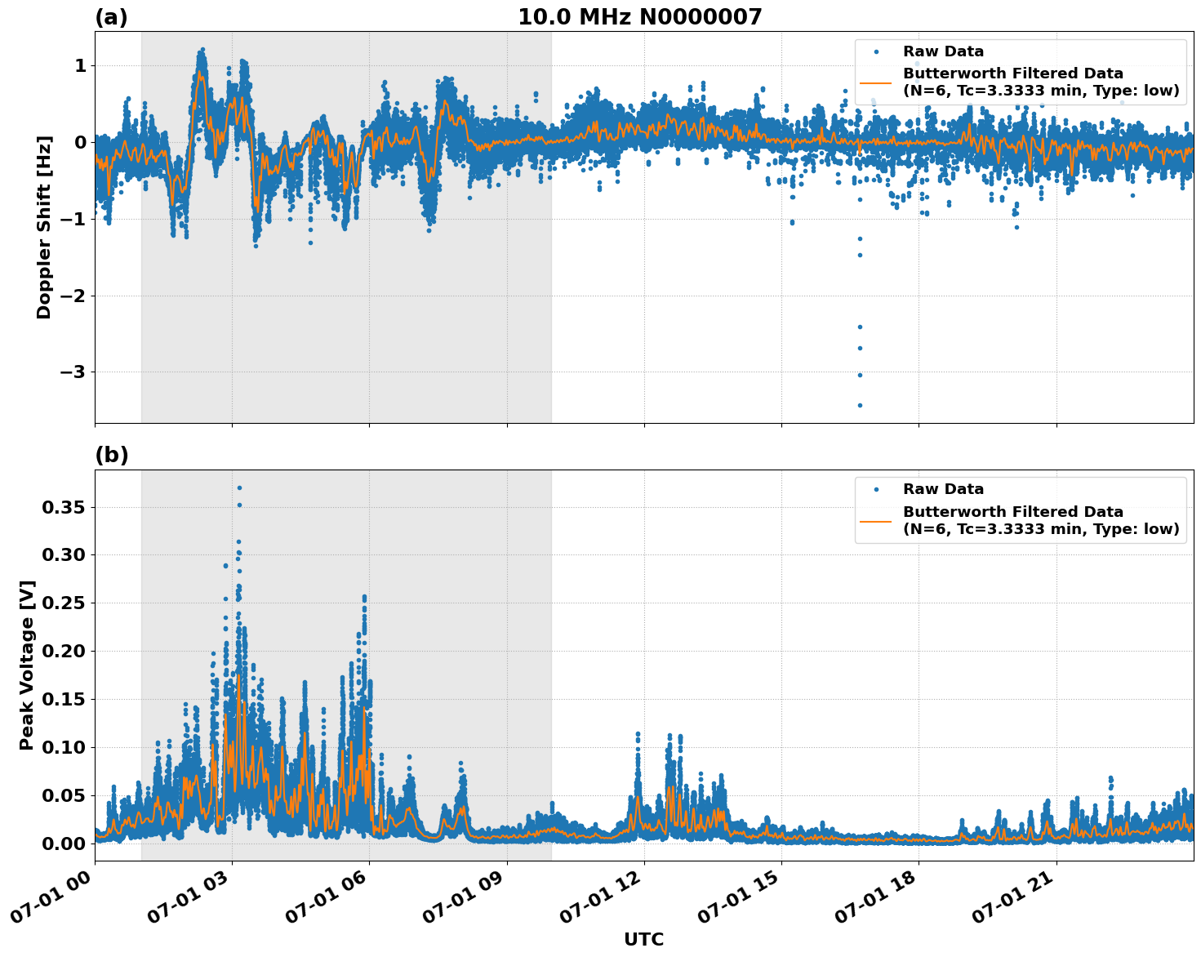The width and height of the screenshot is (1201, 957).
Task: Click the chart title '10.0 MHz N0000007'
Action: click(639, 17)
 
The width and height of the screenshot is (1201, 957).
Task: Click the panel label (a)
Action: click(111, 17)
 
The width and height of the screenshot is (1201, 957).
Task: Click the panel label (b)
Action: click(111, 456)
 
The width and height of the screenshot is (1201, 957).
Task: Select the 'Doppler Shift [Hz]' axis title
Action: click(44, 227)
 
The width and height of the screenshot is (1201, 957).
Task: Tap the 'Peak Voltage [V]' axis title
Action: click(27, 665)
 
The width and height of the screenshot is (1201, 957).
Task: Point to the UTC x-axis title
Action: click(643, 939)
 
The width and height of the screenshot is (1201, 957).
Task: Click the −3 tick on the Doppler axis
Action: click(73, 372)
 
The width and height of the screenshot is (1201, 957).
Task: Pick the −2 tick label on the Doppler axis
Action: click(73, 296)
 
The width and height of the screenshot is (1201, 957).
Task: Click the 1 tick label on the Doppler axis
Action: click(80, 66)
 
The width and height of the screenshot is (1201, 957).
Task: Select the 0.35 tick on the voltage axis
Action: click(64, 508)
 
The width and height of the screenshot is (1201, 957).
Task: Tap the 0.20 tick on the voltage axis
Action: click(64, 652)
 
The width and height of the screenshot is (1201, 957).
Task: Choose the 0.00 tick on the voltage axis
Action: click(64, 843)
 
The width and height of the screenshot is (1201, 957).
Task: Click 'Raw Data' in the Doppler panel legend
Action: click(943, 52)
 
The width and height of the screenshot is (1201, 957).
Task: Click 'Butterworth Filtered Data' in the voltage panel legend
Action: click(1012, 512)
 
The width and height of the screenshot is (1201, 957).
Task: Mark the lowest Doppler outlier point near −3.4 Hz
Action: click(860, 405)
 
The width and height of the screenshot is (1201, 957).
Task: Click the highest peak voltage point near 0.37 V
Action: click(239, 487)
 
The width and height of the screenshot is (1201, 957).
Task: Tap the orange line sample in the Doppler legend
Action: click(876, 82)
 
